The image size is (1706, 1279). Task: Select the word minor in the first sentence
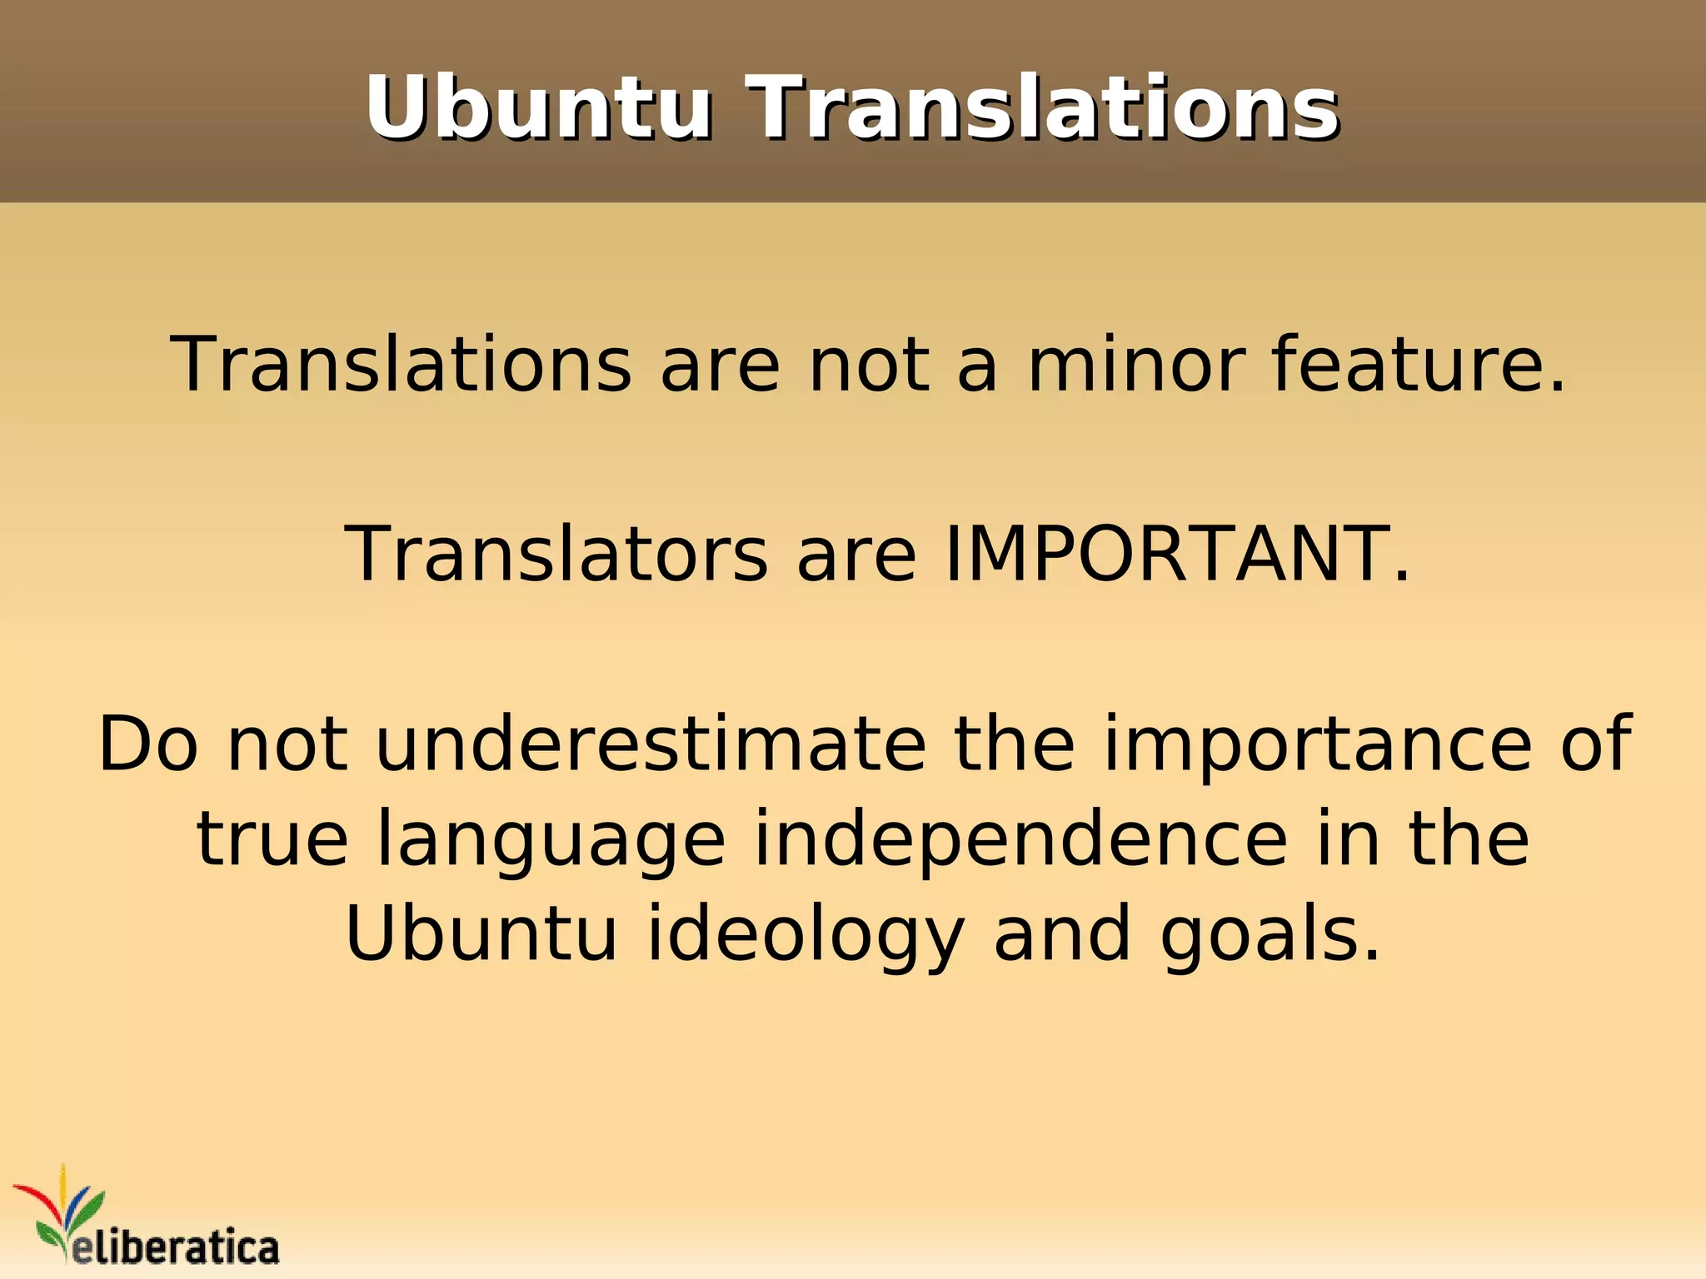point(1136,364)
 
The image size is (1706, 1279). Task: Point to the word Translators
point(556,554)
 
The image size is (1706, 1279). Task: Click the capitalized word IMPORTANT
point(1178,554)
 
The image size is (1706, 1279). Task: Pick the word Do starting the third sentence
point(148,744)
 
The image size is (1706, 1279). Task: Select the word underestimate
point(651,744)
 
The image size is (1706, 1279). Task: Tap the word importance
point(1317,744)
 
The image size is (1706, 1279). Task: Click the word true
point(272,839)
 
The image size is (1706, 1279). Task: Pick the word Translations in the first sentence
point(401,364)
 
